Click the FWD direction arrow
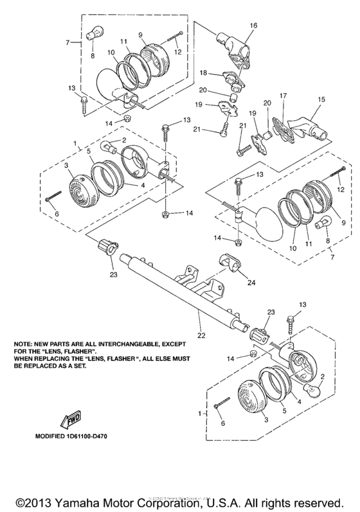point(70,421)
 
